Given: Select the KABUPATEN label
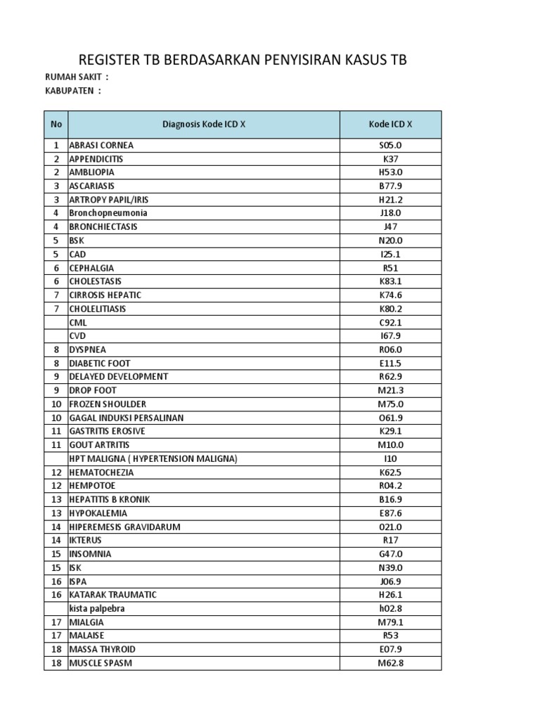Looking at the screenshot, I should coord(72,91).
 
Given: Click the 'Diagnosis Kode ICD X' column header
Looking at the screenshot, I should coord(204,124).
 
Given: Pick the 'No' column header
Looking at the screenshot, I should coord(56,124).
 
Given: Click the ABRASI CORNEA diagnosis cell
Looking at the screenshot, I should coord(101,146).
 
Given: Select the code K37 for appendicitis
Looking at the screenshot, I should coord(390,159).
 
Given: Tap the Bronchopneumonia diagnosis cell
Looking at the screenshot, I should coord(108,213).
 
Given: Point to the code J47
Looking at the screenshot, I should coord(390,227).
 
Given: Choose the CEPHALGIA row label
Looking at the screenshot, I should coord(91,268).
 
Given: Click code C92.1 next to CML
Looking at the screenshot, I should coord(390,322).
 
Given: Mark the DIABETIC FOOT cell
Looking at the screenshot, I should coord(99,363).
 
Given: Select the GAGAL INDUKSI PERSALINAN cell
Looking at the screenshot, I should coord(126,418).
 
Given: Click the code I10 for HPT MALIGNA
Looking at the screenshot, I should coord(390,458).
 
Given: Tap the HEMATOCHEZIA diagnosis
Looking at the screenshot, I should coord(101,472).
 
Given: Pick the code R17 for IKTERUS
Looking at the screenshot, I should coord(390,540).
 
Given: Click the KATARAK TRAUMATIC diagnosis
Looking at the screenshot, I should coord(112,595).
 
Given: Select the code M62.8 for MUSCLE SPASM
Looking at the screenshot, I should coord(390,663).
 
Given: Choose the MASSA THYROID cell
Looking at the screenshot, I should coord(102,649).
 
